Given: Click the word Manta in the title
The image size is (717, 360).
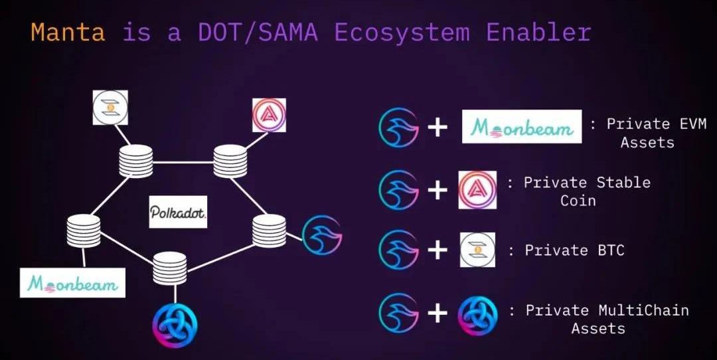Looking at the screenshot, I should tap(68, 32).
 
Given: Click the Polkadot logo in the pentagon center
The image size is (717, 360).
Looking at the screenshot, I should tap(178, 213).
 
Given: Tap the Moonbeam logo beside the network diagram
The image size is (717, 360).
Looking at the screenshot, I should tap(72, 283).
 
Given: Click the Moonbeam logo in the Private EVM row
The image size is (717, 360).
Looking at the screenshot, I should tap(522, 127).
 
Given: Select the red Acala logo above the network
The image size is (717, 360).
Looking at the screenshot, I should tap(269, 114).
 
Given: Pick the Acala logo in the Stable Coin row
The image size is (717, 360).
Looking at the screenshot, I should tap(477, 190).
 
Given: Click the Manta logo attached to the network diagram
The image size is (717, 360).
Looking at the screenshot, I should tap(322, 234).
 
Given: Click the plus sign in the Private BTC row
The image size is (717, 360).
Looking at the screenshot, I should tap(437, 251).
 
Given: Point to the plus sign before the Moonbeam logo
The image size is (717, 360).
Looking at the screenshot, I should tap(437, 127).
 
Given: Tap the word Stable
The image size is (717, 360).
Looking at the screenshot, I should tap(618, 183).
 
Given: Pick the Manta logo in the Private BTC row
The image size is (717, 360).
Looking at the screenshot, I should tap(398, 250).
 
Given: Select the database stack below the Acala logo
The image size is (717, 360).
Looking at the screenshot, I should tap(230, 160).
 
